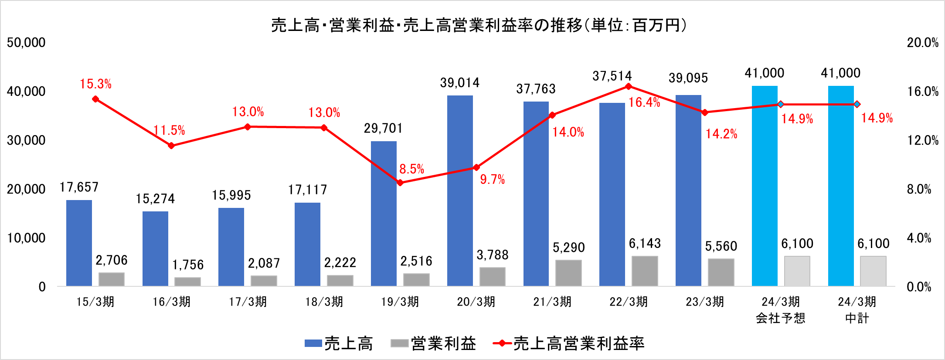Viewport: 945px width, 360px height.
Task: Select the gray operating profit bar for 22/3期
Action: (645, 271)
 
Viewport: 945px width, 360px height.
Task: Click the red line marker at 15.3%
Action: (95, 99)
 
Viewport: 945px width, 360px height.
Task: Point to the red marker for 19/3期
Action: (400, 183)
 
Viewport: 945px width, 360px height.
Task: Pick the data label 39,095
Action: (688, 78)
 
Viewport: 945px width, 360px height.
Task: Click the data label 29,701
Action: (383, 128)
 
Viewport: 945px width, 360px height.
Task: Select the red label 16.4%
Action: (644, 102)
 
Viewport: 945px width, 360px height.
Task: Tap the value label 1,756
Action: (187, 265)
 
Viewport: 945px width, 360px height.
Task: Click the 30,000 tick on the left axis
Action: (26, 140)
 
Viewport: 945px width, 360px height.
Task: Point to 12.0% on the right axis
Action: (922, 140)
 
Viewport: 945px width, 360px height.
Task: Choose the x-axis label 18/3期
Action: (324, 302)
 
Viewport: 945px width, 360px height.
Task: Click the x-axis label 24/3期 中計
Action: (857, 309)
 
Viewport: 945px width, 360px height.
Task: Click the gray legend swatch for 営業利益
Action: (399, 343)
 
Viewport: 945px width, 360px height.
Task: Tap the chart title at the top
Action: (479, 25)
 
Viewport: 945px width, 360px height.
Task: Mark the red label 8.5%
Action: (411, 169)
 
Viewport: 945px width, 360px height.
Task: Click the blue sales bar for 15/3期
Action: (79, 243)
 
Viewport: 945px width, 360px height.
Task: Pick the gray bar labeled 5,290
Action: (568, 273)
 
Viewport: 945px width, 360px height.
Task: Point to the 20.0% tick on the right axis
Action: (922, 43)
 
